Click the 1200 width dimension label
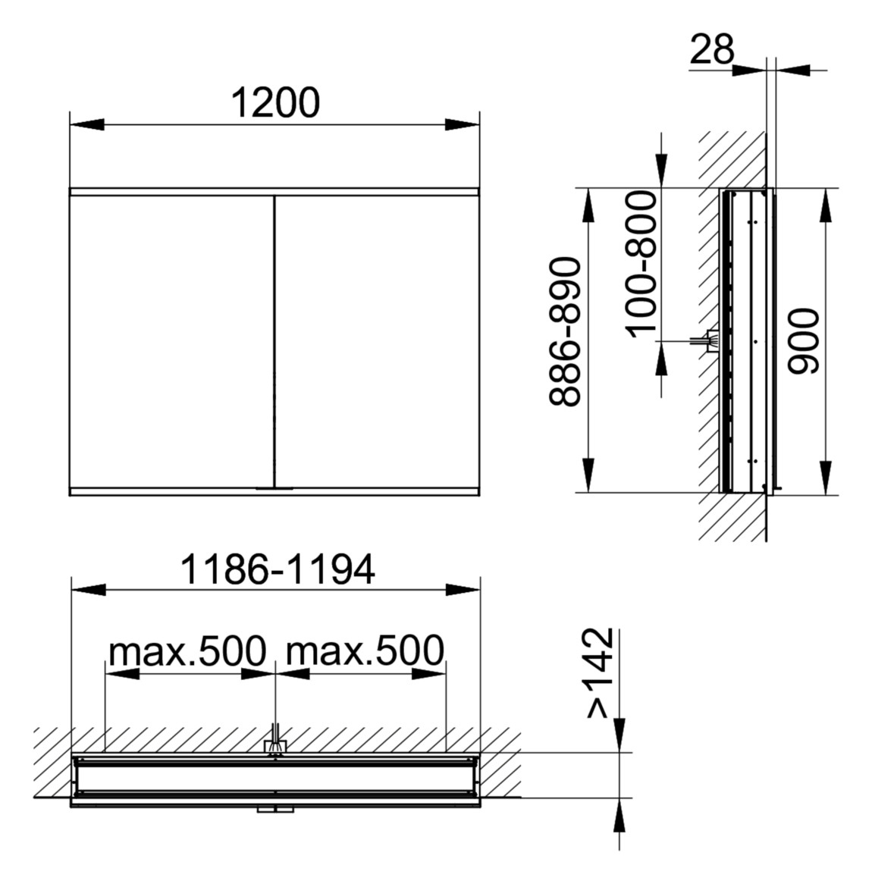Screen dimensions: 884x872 (274, 104)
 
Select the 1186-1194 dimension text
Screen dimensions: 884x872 (278, 570)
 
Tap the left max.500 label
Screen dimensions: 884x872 (188, 650)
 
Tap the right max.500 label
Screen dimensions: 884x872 (364, 650)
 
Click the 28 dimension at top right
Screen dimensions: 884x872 (713, 50)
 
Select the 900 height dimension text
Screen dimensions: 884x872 (803, 341)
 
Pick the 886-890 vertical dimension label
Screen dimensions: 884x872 (566, 332)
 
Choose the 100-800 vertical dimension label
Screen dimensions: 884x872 (641, 262)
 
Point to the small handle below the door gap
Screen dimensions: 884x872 (274, 488)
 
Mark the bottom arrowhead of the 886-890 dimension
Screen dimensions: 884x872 (588, 475)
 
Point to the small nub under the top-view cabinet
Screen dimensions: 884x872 (274, 810)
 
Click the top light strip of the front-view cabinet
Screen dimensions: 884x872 (274, 192)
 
